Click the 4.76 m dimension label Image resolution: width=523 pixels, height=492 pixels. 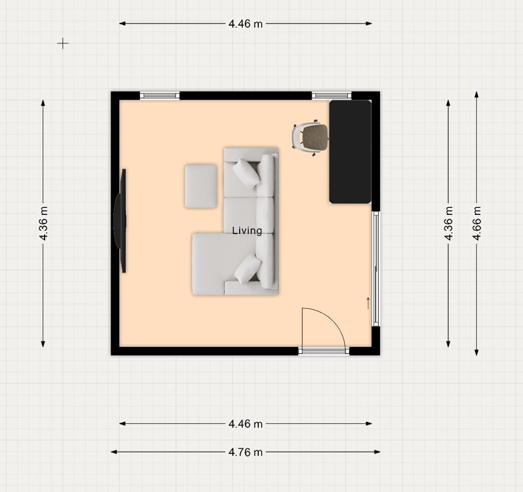point(246,452)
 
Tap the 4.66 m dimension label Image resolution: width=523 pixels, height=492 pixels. point(477,223)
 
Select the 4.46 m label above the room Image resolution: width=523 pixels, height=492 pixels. point(246,23)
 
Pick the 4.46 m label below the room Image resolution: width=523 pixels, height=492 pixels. point(246,424)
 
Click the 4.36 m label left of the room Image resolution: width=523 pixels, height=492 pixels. point(44,223)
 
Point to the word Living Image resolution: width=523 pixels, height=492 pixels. point(247,231)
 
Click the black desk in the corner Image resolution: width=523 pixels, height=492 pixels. point(350,152)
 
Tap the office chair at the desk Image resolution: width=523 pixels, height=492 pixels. point(310,137)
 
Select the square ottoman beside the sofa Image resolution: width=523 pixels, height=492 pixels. point(201,186)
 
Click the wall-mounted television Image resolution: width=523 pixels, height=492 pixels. point(120,221)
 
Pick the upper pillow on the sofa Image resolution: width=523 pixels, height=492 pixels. point(246,173)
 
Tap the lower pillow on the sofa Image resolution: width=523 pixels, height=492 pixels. point(247,268)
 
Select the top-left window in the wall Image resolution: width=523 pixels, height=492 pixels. point(160,96)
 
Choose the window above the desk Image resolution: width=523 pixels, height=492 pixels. point(332,96)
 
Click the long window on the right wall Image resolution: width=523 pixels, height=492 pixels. point(375,269)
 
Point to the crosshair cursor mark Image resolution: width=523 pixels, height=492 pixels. point(63,44)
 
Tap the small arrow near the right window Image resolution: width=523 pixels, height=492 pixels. point(368,303)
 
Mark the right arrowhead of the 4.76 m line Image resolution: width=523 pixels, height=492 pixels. point(380,452)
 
